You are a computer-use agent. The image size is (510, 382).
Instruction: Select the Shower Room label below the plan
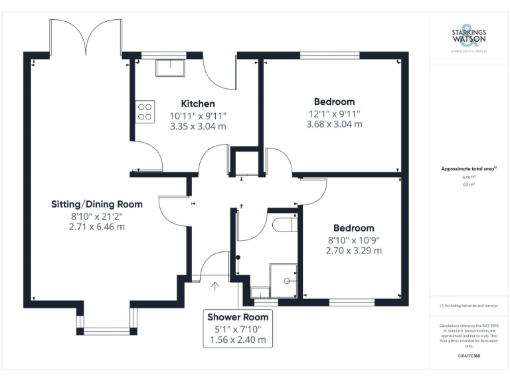point(237,317)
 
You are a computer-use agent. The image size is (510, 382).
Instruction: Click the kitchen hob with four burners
point(145,110)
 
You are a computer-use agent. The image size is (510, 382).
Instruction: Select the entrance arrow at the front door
point(215,286)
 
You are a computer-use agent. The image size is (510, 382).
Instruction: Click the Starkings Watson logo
point(469,36)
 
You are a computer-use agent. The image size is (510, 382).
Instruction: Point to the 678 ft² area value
point(469,177)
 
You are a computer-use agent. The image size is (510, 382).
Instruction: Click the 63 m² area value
point(469,185)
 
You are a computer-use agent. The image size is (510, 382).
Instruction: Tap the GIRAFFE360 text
point(469,356)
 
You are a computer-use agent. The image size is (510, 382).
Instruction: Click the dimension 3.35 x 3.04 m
point(198,126)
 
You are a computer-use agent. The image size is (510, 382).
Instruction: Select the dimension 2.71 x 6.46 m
point(98,227)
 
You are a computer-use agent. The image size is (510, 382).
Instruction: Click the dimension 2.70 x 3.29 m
point(354,251)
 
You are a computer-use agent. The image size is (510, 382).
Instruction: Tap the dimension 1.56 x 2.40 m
point(237,340)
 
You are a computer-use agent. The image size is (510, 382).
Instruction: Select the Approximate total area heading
point(469,169)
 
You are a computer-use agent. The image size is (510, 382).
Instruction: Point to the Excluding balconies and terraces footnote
point(469,306)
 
